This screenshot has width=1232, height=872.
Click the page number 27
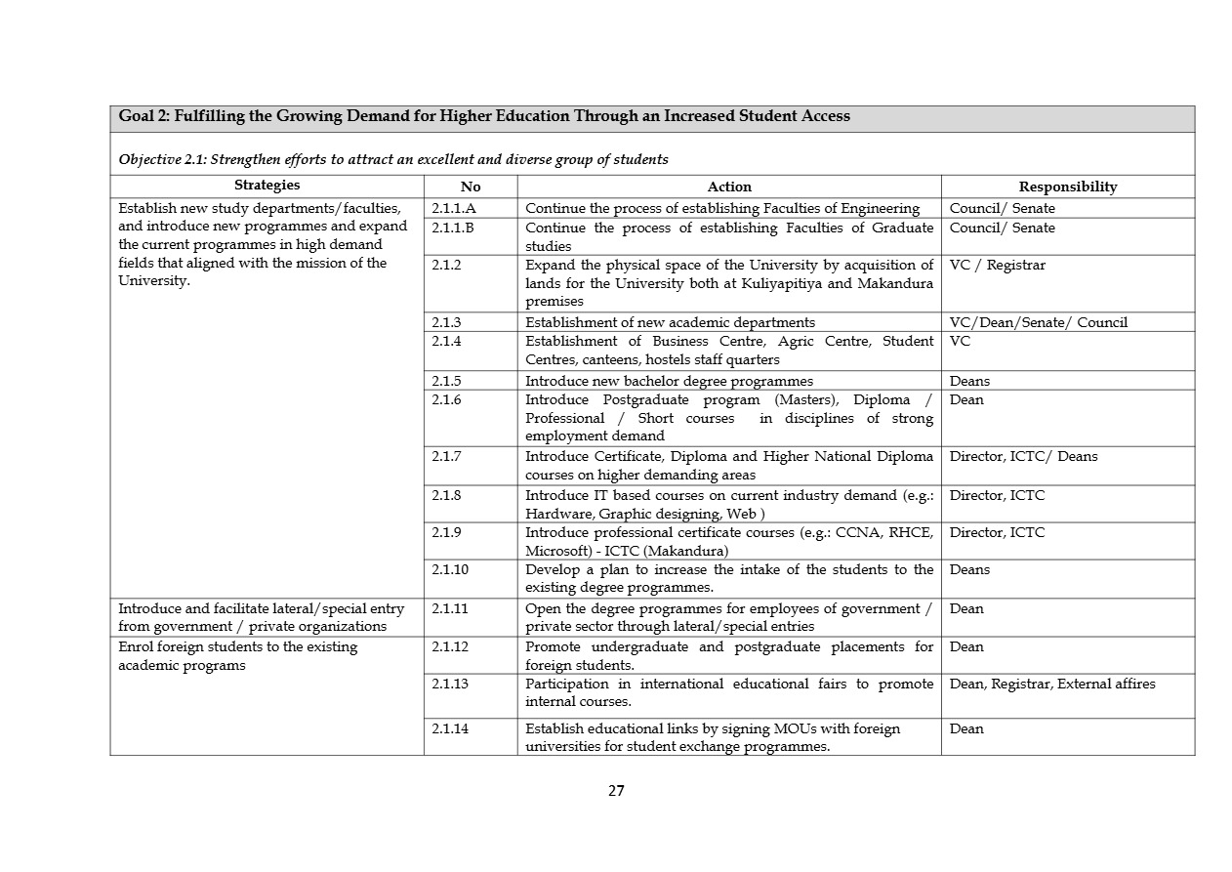pyautogui.click(x=616, y=791)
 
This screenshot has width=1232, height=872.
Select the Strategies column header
pyautogui.click(x=267, y=186)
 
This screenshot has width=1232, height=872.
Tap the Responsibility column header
pyautogui.click(x=1067, y=187)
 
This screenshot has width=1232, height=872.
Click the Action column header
pyautogui.click(x=729, y=187)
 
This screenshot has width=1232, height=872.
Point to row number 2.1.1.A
pyautogui.click(x=453, y=208)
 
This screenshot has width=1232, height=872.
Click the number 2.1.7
pyautogui.click(x=446, y=456)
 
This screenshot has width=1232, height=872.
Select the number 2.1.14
pyautogui.click(x=450, y=728)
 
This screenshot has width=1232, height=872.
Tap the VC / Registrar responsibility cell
pyautogui.click(x=997, y=265)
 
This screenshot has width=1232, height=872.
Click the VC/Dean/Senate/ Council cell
pyautogui.click(x=1038, y=322)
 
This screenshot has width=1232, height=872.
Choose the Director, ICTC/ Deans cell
pyautogui.click(x=1023, y=456)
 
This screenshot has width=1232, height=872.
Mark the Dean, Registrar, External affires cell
pyautogui.click(x=1051, y=684)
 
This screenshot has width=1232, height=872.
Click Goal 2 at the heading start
pyautogui.click(x=144, y=116)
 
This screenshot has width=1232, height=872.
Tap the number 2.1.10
pyautogui.click(x=450, y=569)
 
